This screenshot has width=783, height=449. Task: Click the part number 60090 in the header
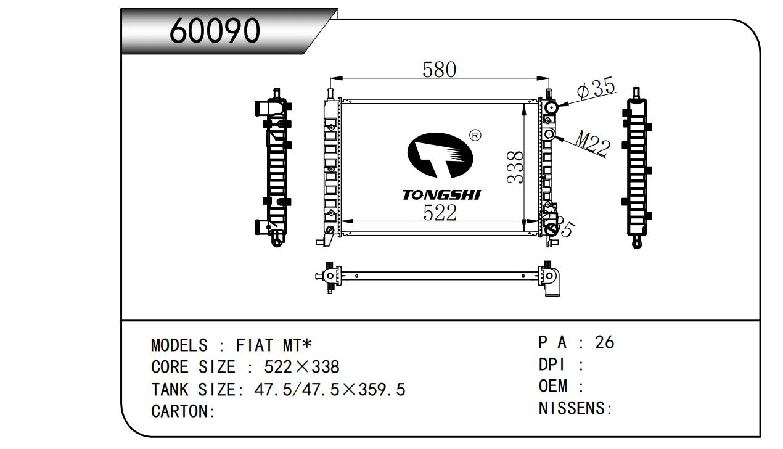(x=215, y=31)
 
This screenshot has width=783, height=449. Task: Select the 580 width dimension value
(x=439, y=70)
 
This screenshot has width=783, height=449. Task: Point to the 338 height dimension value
(x=515, y=167)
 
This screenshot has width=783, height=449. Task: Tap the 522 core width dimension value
(x=440, y=213)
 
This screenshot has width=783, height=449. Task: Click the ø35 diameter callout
(x=596, y=88)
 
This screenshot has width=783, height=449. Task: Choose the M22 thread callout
(x=592, y=143)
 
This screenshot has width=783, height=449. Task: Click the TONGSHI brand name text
(x=441, y=195)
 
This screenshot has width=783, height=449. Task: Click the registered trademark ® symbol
(x=475, y=135)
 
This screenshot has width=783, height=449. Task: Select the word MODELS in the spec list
(x=179, y=345)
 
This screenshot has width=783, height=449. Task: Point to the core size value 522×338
(x=301, y=367)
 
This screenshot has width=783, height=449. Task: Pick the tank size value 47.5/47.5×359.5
(x=330, y=389)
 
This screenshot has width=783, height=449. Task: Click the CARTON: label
(x=183, y=411)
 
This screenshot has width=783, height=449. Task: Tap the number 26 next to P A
(x=605, y=342)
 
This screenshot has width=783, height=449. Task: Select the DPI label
(x=552, y=365)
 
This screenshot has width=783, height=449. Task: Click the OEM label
(x=553, y=386)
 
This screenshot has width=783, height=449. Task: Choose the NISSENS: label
(x=575, y=408)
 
